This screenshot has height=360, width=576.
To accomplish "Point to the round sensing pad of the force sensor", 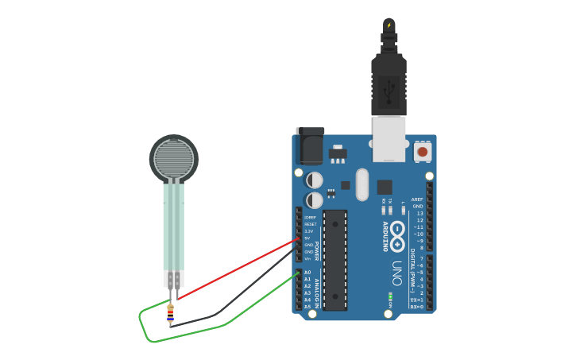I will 173,158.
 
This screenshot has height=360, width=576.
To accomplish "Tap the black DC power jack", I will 309,147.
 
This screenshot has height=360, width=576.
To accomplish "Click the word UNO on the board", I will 396,275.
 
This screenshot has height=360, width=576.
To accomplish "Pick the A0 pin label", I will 307,273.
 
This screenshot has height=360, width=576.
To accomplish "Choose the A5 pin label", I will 307,307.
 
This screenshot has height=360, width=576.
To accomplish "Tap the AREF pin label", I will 417,199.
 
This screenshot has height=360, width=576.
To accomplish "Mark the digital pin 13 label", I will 419,214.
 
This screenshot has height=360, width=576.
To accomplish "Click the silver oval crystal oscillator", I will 362,184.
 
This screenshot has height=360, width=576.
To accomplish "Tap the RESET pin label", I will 310,224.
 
